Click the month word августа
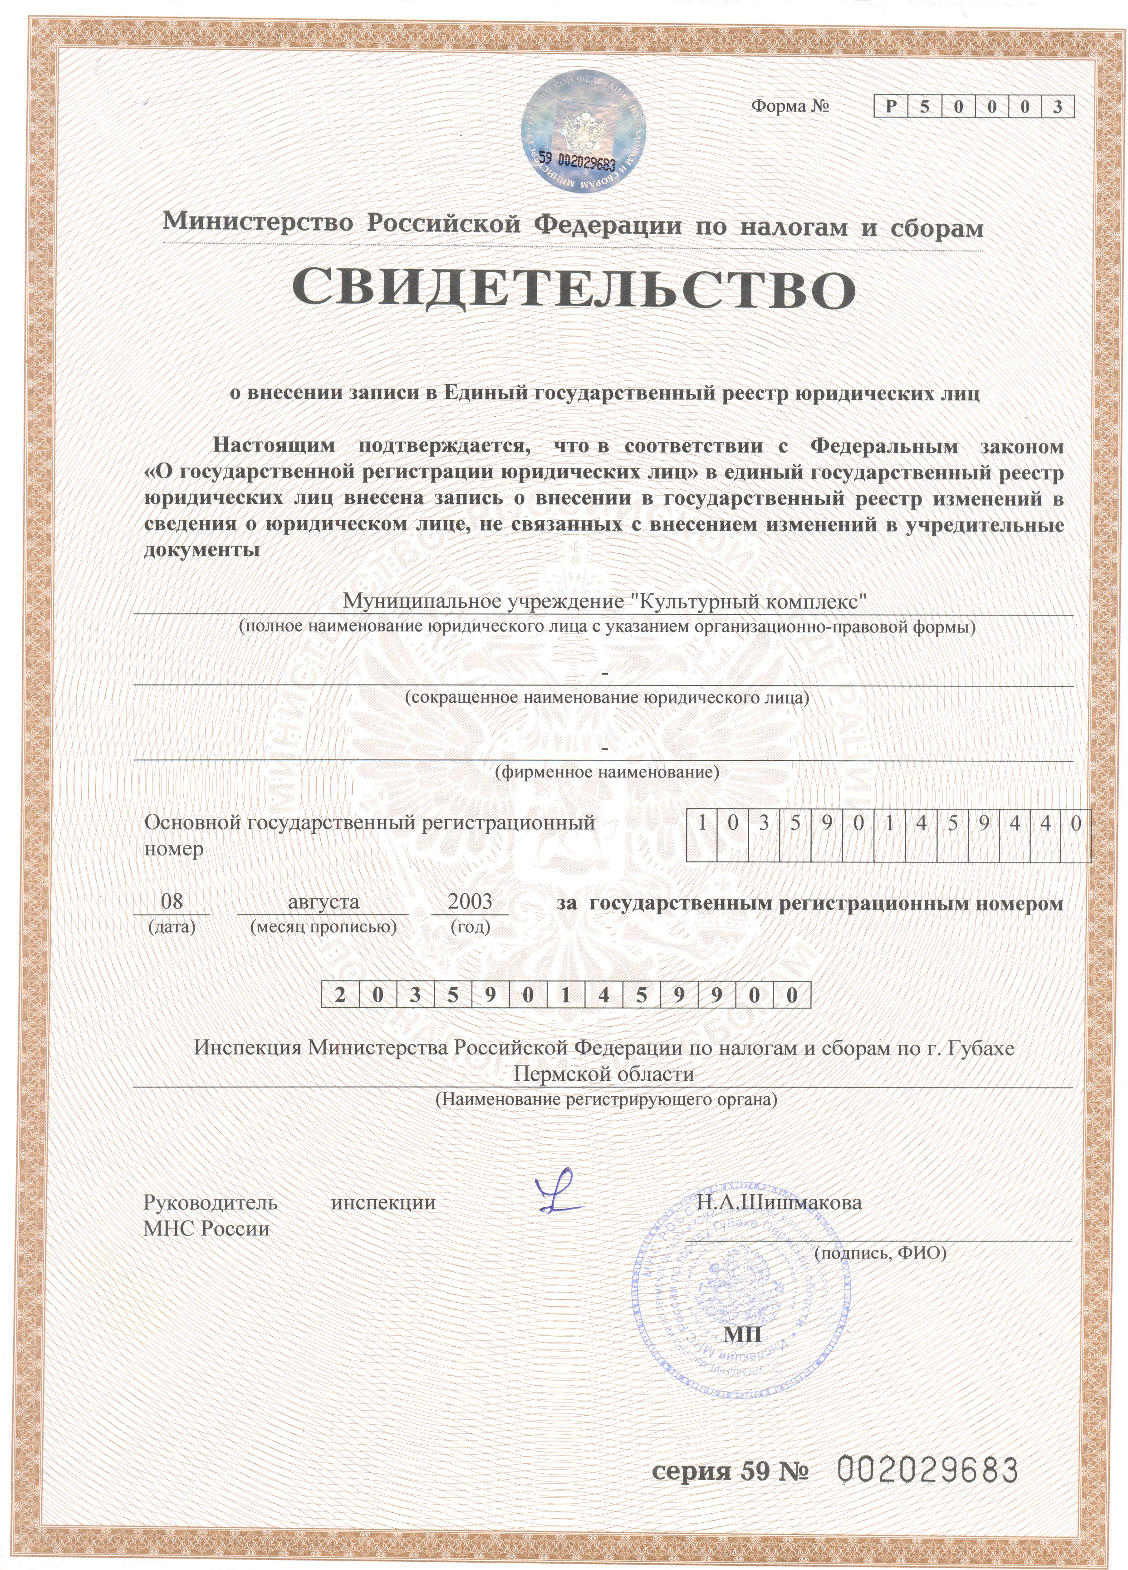pyautogui.click(x=324, y=901)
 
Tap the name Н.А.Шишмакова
pyautogui.click(x=779, y=1202)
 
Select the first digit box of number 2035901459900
pyautogui.click(x=340, y=995)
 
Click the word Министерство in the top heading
pyautogui.click(x=258, y=222)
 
